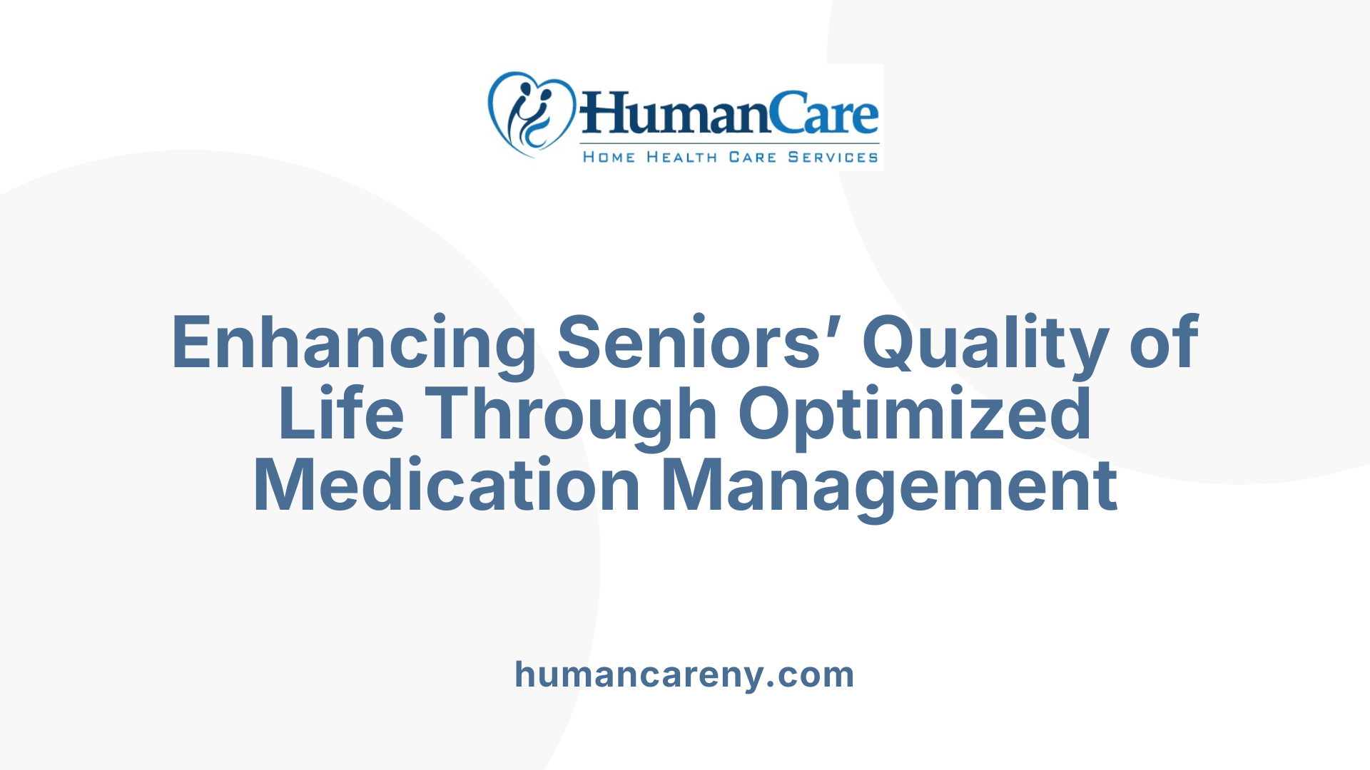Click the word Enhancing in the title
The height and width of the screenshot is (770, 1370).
[353, 344]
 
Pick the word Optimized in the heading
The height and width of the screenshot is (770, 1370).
[915, 415]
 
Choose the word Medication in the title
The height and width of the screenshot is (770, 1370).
[447, 486]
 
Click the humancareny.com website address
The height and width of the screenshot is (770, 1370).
[684, 674]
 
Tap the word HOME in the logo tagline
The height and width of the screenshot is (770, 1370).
[609, 157]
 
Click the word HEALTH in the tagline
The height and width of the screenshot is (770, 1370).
[681, 157]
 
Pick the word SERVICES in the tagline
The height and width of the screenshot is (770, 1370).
[833, 157]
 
